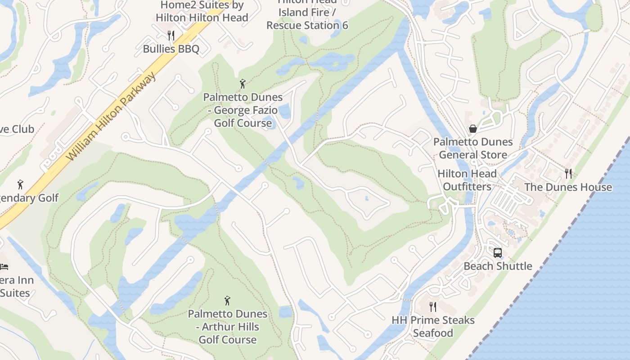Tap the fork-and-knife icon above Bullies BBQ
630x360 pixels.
(171, 35)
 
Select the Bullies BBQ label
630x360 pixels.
(171, 49)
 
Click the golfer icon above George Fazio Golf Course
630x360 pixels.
(243, 84)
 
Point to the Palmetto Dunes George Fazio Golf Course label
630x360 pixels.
(243, 110)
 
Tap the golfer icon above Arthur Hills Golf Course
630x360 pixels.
(227, 301)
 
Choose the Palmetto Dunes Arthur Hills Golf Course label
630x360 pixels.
(228, 327)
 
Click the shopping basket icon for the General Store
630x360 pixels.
(473, 129)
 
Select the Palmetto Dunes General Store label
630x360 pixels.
(473, 148)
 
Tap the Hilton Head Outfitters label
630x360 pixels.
(467, 180)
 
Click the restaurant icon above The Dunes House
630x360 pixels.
(568, 173)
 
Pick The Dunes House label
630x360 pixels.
(568, 187)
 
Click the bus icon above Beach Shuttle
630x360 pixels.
(497, 253)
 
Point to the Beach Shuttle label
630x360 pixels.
(498, 266)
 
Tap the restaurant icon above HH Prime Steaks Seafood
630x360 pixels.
(433, 307)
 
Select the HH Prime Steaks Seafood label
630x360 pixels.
(433, 326)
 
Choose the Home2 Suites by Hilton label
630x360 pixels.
(202, 11)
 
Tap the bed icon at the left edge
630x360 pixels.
(4, 267)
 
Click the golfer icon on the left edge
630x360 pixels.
(20, 184)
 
